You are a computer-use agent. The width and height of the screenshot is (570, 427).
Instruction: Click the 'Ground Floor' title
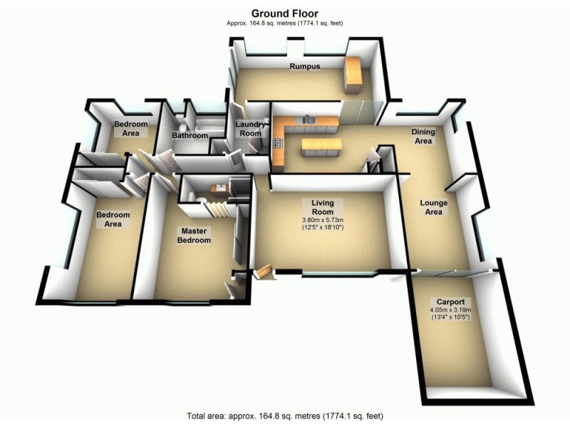point(284,13)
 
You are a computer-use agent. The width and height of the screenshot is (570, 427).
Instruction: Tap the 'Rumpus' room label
point(304,66)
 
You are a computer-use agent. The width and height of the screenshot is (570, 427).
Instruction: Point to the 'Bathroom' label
point(190,135)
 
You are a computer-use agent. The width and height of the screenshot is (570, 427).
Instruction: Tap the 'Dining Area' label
point(423,136)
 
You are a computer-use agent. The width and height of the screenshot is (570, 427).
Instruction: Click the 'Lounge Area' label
point(433,207)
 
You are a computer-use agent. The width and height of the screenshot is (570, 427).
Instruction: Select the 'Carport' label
point(451,300)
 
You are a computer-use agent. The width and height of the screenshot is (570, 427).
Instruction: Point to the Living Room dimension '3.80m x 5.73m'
point(323,220)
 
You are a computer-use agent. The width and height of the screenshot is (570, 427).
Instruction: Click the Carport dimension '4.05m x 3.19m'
point(451,310)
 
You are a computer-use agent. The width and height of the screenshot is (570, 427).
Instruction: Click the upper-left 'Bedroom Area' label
point(131,128)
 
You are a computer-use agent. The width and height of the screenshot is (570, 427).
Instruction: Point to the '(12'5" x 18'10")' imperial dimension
point(323,228)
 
